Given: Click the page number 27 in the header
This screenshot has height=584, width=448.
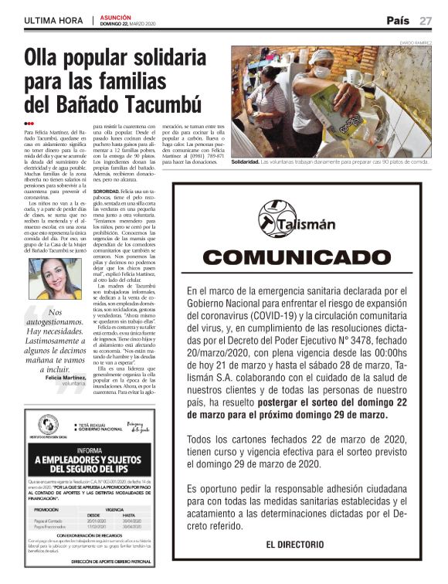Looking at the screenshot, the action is [426, 21].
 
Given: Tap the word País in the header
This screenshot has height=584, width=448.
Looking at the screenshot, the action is [399, 20].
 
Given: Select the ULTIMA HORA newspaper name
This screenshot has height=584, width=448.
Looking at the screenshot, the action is [53, 21].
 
